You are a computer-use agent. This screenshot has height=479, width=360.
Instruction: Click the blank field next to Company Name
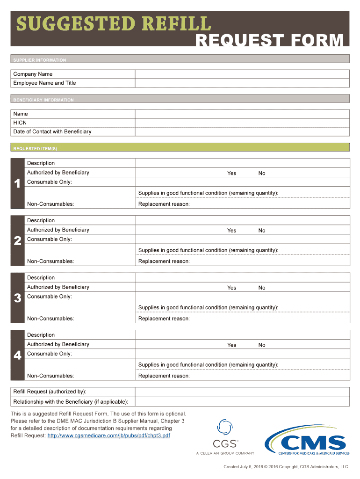click(x=242, y=74)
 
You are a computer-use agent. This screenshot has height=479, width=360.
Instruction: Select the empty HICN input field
click(x=242, y=123)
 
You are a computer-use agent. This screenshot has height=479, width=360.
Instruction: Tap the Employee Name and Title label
click(x=44, y=83)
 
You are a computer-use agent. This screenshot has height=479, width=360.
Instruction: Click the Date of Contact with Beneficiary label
click(x=52, y=131)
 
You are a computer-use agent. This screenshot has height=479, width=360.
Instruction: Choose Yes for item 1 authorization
click(x=231, y=173)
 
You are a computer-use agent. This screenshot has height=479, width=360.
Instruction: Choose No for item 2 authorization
click(x=262, y=230)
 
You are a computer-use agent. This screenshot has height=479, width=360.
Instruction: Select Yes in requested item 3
click(x=231, y=288)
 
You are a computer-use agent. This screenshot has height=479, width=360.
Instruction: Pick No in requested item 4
click(x=262, y=345)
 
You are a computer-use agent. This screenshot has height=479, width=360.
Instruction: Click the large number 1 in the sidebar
click(x=17, y=184)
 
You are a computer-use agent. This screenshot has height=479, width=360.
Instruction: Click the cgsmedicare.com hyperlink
click(x=108, y=435)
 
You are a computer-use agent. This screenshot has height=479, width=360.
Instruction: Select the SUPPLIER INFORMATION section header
click(x=40, y=60)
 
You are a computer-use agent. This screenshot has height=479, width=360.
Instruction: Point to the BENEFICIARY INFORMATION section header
click(x=43, y=100)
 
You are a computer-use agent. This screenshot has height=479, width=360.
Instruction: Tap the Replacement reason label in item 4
click(x=164, y=376)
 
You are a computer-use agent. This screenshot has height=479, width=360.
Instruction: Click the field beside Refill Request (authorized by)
click(x=242, y=392)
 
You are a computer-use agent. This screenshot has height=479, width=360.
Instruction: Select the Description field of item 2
click(x=242, y=220)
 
